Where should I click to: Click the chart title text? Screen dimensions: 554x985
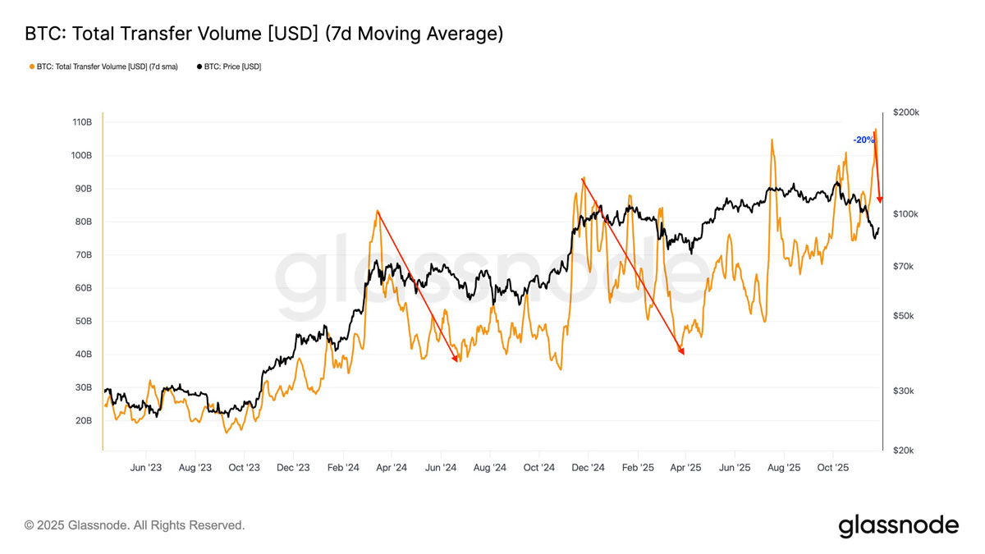click(263, 34)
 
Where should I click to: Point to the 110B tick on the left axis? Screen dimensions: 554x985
click(82, 122)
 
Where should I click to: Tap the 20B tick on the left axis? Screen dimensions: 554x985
click(82, 421)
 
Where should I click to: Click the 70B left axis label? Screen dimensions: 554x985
click(82, 255)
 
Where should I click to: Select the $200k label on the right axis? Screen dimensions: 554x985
click(905, 112)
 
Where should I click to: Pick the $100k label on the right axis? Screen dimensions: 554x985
click(905, 214)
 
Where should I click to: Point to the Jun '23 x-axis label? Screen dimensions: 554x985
click(146, 468)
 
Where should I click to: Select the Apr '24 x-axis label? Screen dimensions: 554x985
click(392, 468)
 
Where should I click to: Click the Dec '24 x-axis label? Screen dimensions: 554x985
click(588, 468)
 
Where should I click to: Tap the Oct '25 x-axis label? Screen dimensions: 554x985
click(832, 468)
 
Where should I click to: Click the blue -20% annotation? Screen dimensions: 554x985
click(864, 140)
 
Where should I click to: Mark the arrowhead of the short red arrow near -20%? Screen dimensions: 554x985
click(880, 199)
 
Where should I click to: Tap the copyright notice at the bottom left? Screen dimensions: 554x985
click(135, 525)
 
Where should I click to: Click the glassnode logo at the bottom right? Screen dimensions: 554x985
click(898, 525)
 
